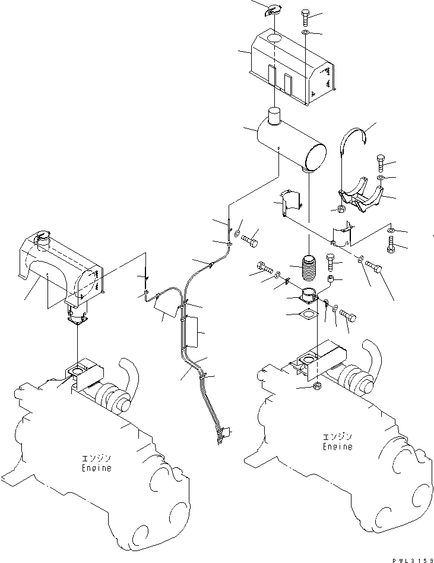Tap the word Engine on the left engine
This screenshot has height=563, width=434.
[x=96, y=468]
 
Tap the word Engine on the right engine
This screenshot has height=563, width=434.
[x=337, y=446]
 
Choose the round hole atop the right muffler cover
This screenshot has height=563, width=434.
[x=275, y=38]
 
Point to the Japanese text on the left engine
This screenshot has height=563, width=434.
[x=96, y=458]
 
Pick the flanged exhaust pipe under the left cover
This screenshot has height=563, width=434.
[x=77, y=316]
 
